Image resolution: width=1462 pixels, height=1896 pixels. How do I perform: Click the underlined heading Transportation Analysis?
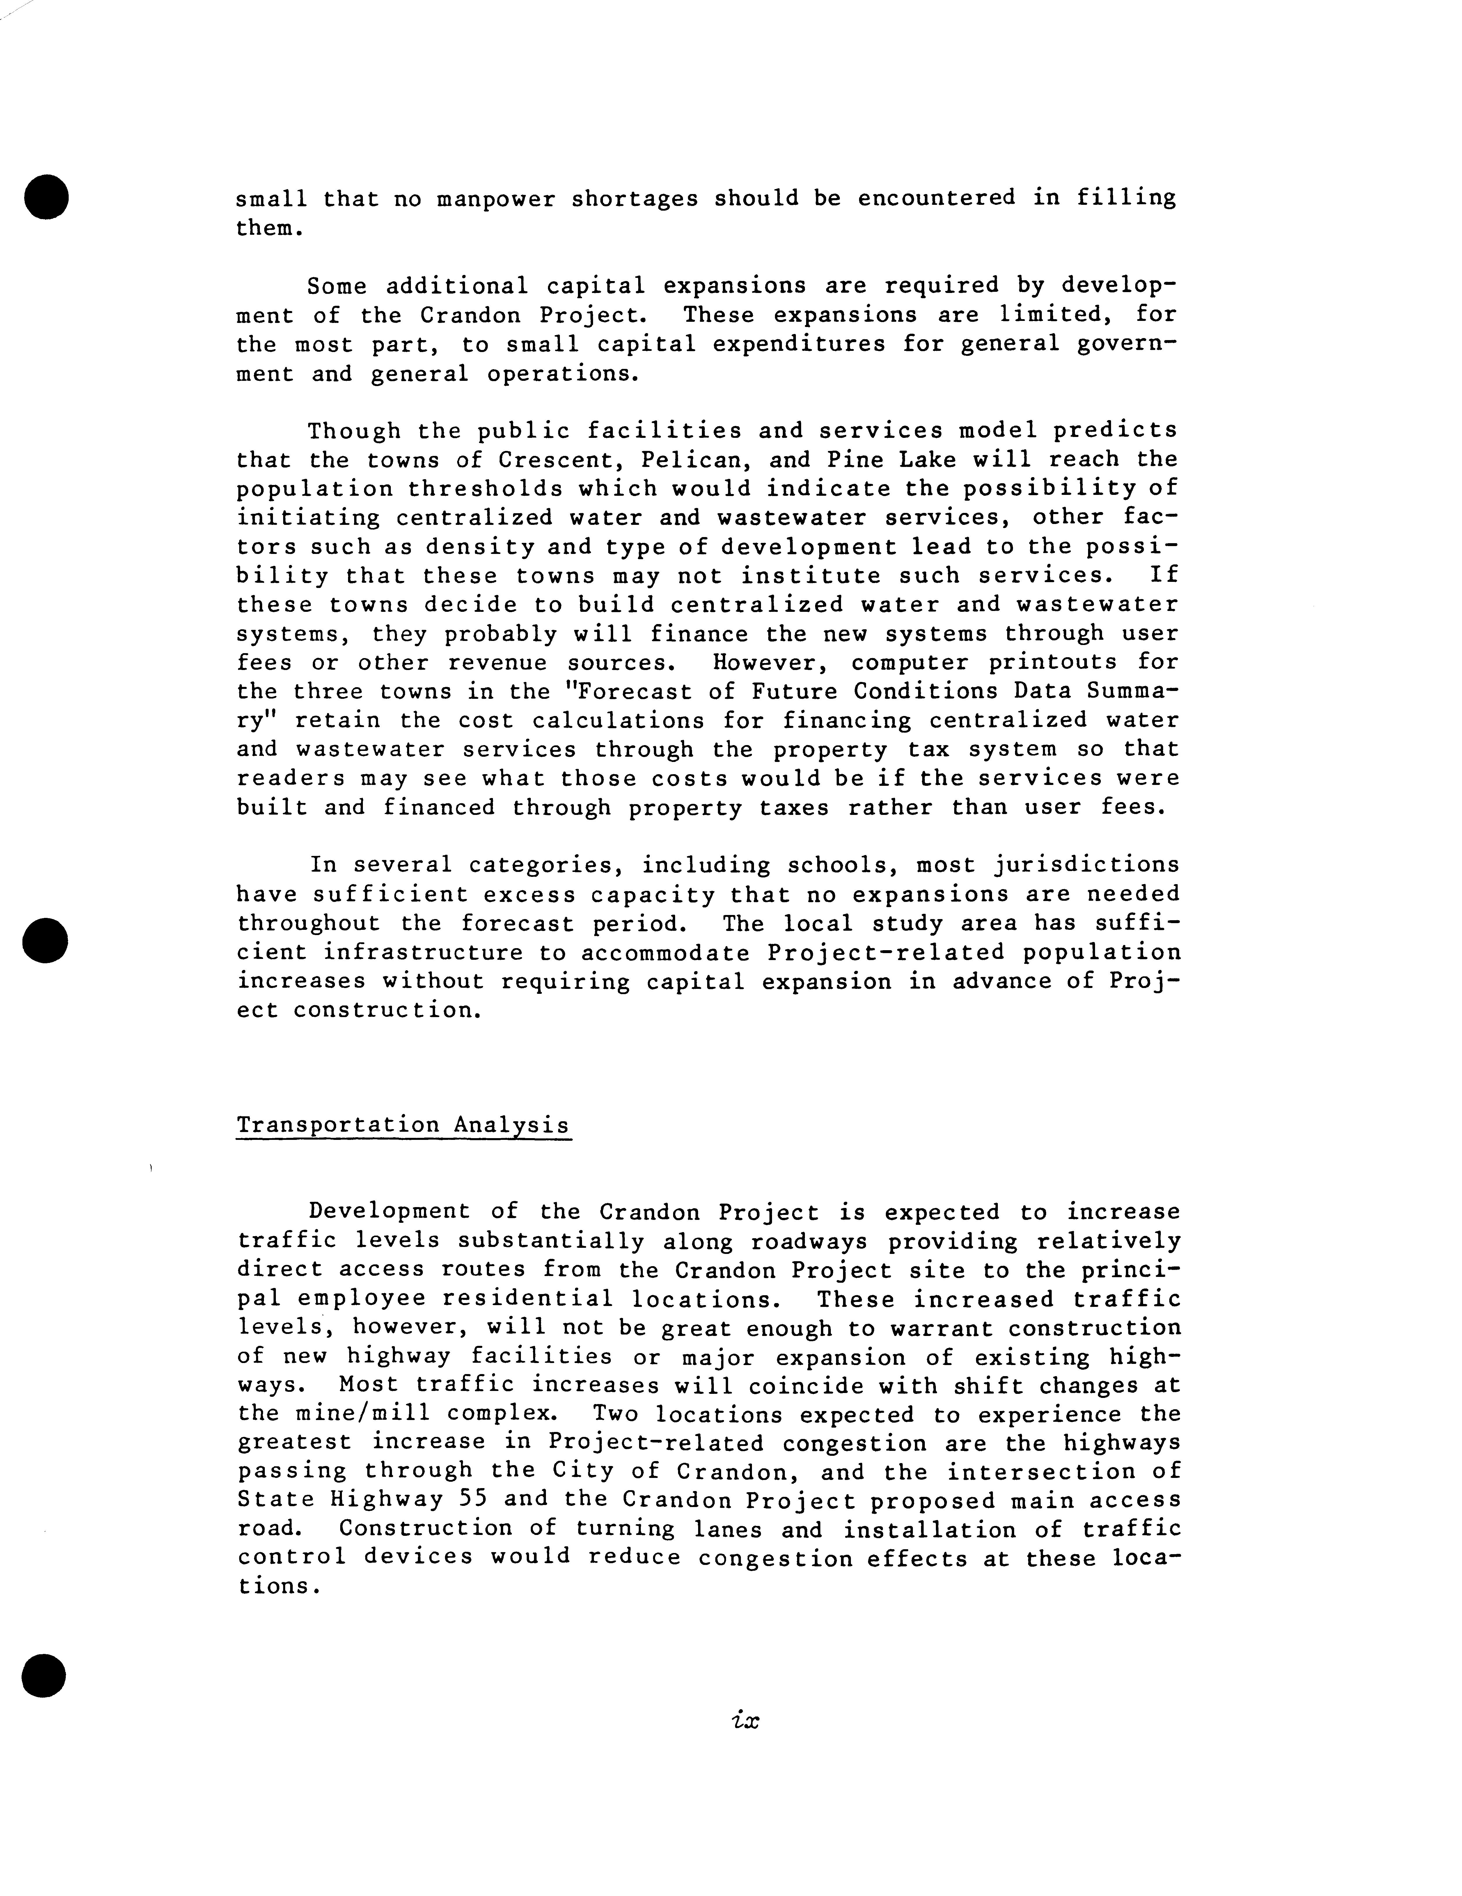(404, 1125)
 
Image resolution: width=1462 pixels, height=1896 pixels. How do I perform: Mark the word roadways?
(810, 1241)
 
